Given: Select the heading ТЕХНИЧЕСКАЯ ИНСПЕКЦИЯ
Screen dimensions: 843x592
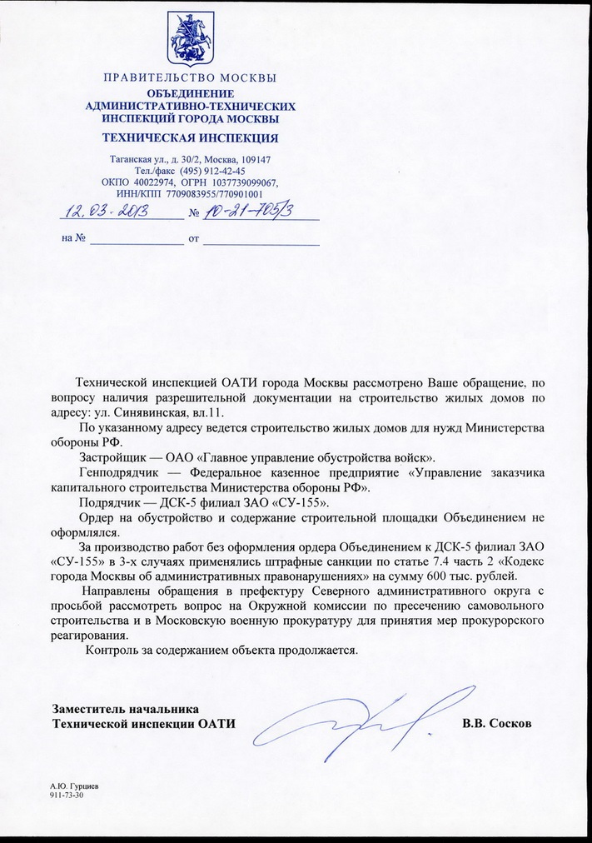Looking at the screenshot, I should (190, 137).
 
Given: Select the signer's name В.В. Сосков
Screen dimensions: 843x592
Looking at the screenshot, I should (496, 723).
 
